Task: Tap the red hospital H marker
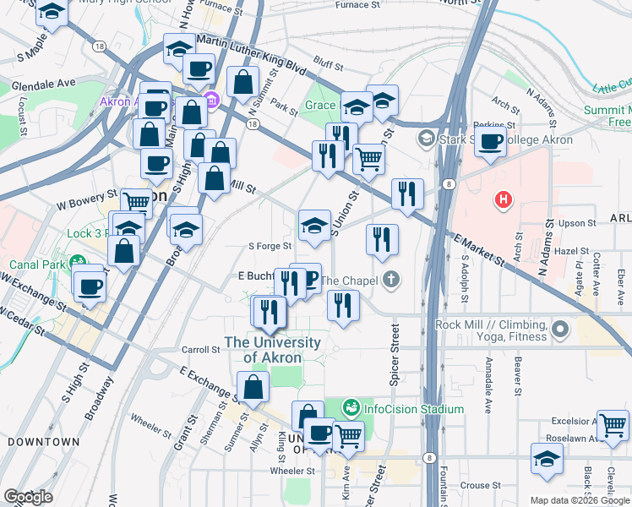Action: tap(504, 200)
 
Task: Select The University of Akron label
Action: tap(271, 350)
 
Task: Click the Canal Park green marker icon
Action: tap(79, 262)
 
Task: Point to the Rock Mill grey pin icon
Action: tap(558, 326)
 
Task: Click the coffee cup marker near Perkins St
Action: tap(490, 141)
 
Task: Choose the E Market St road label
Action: tap(478, 251)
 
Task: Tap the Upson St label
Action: tap(577, 223)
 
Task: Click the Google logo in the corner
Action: tap(28, 497)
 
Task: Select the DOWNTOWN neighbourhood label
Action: tap(43, 441)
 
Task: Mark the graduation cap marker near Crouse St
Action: tap(547, 459)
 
